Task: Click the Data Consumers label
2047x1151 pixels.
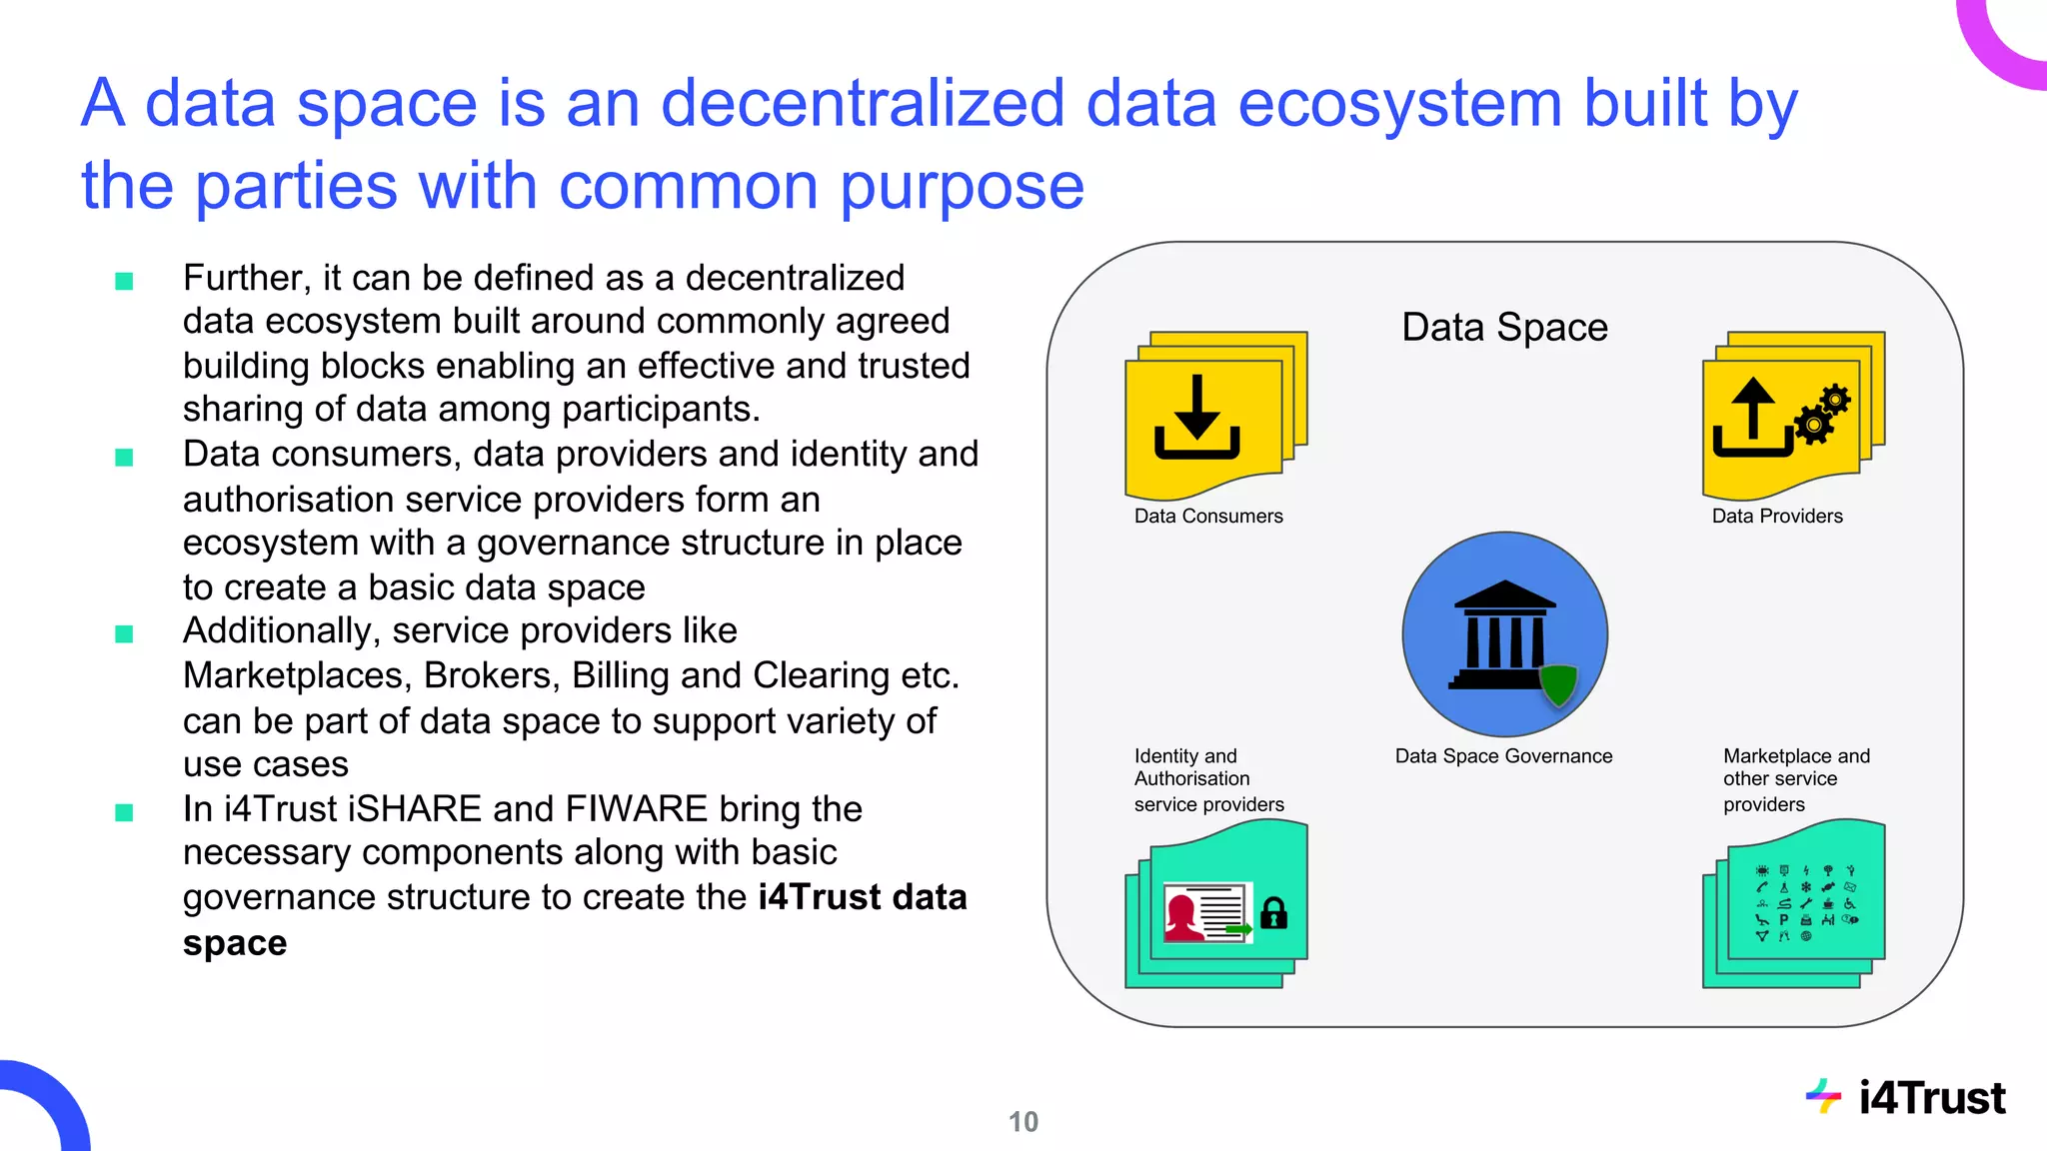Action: click(x=1208, y=517)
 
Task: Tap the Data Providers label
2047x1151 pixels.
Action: click(x=1777, y=517)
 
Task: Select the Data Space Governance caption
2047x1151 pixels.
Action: click(x=1503, y=756)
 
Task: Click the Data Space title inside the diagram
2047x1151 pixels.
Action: click(x=1504, y=328)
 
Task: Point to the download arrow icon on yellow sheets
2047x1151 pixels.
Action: click(x=1197, y=417)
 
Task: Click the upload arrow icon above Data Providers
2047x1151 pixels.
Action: click(x=1752, y=417)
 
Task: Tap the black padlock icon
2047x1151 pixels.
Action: click(x=1273, y=912)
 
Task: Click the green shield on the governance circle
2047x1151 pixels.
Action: click(x=1558, y=684)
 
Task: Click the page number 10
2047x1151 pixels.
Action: click(x=1023, y=1122)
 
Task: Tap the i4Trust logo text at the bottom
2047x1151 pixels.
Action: click(x=1932, y=1098)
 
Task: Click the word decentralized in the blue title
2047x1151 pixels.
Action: click(x=863, y=103)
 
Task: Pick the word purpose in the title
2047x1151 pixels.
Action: click(x=962, y=186)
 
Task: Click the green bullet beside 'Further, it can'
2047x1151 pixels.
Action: click(x=124, y=281)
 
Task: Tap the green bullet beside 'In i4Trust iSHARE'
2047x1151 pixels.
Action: click(x=124, y=812)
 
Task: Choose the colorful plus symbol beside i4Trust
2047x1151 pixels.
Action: click(x=1823, y=1097)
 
